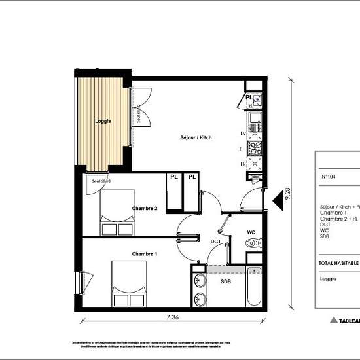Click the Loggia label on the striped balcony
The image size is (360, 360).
(102, 121)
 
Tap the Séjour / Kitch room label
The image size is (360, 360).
(196, 138)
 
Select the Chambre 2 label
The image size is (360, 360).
(145, 208)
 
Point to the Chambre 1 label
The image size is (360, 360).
(145, 253)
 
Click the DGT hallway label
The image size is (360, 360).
(215, 242)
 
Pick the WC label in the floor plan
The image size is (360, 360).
(250, 232)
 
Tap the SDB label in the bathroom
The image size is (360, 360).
(225, 282)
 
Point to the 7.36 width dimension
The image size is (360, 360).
(172, 317)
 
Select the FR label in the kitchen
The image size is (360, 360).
(243, 163)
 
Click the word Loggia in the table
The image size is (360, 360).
(329, 278)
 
